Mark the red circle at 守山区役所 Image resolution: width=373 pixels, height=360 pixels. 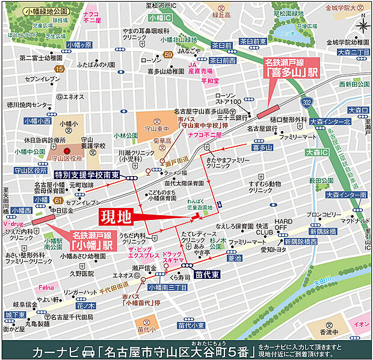tap(67, 150)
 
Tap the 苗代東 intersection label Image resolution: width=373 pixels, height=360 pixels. tap(206, 273)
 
